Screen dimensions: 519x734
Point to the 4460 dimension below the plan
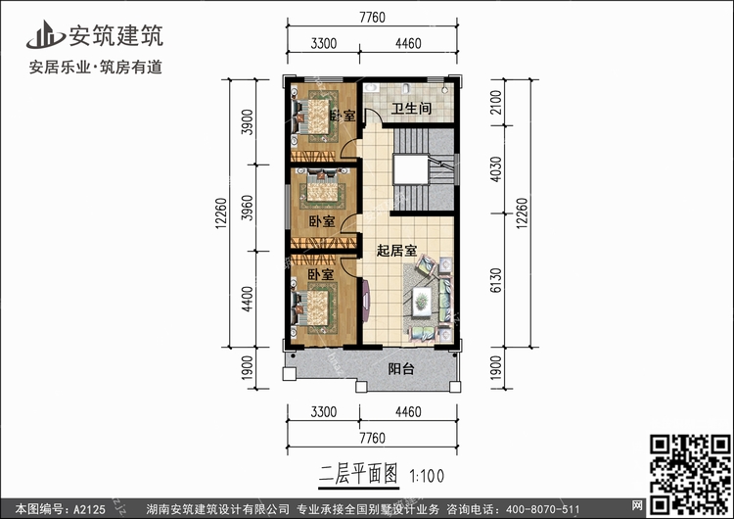(408, 411)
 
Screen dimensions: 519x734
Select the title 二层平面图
(358, 475)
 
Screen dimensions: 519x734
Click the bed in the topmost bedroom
(315, 115)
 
